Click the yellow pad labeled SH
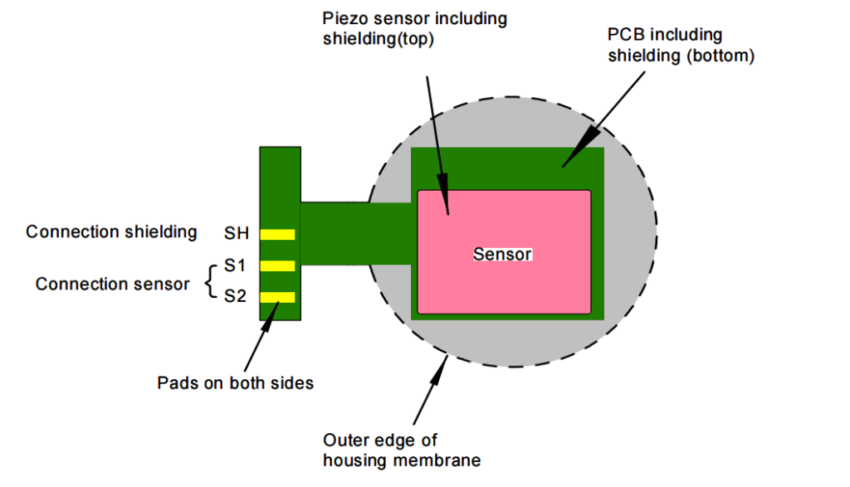[278, 234]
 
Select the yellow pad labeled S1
[278, 265]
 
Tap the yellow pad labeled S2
[278, 297]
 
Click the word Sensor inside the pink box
[502, 255]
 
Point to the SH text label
[236, 233]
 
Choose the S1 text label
[236, 265]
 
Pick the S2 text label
[236, 295]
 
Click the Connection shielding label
[111, 231]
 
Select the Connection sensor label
[112, 285]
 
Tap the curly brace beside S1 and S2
[208, 280]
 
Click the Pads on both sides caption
[235, 383]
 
